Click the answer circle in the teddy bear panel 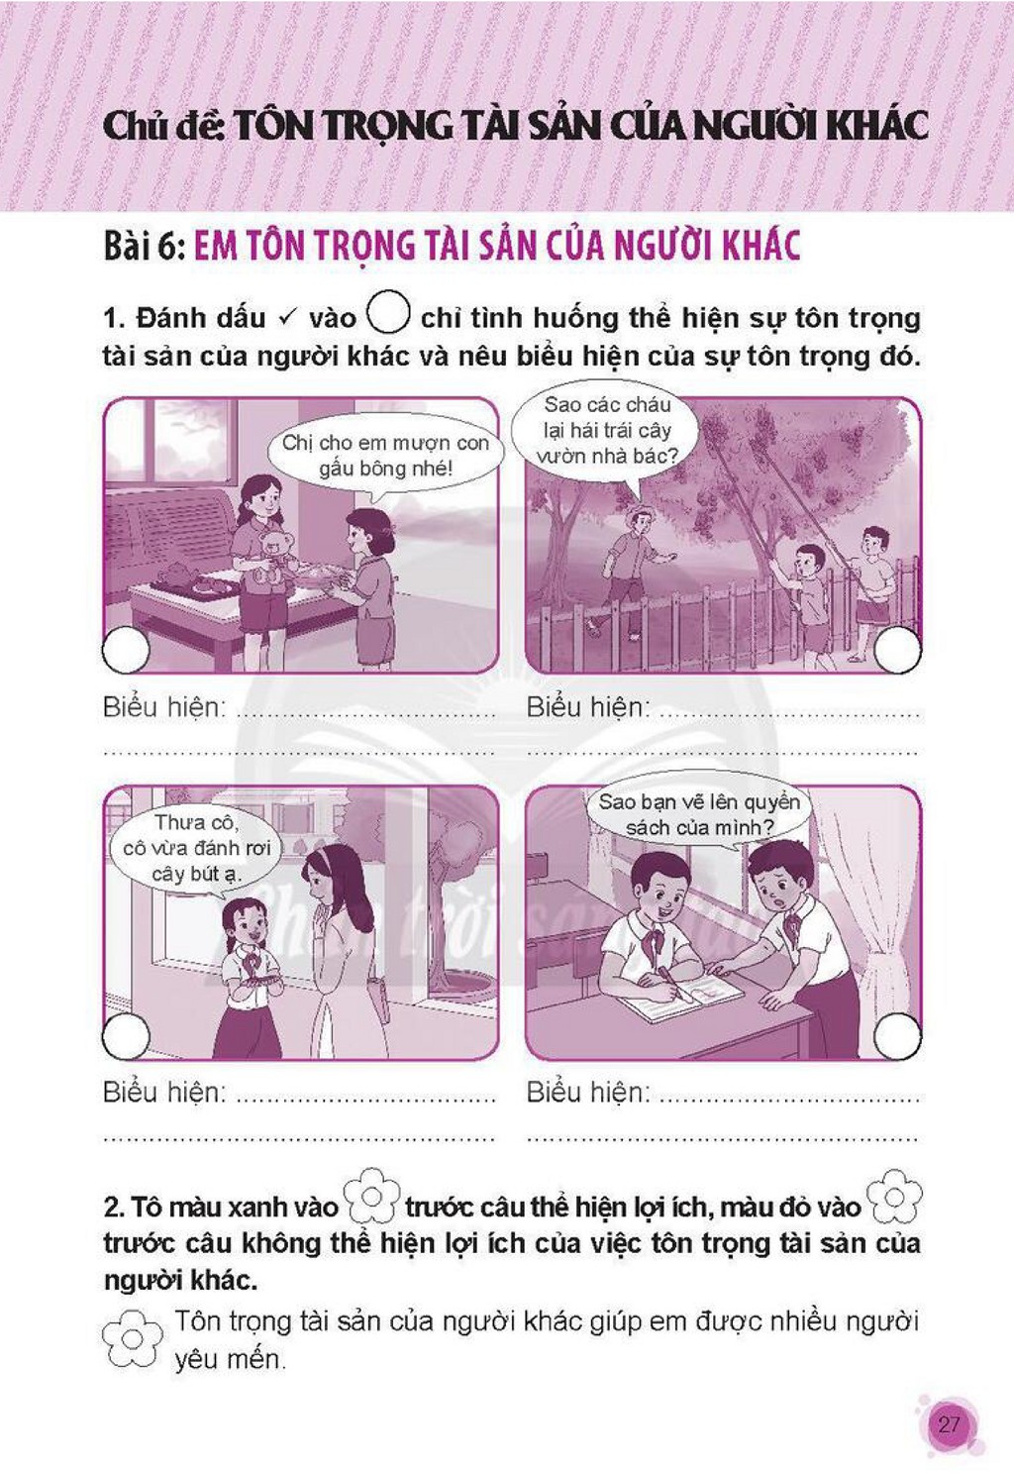[126, 649]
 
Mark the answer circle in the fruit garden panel [898, 649]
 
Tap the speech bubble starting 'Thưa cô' [196, 850]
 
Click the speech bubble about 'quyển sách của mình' [699, 815]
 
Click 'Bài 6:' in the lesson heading [145, 246]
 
